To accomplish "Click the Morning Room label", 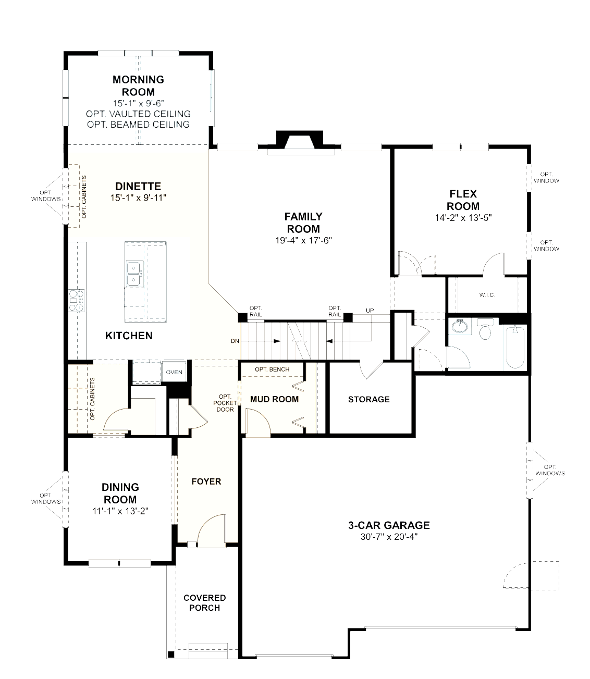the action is [x=138, y=85].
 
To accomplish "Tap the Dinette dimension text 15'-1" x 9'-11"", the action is [x=138, y=198].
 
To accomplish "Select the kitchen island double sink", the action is [x=134, y=274].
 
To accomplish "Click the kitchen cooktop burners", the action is [x=76, y=301].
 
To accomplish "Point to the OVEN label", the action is [x=174, y=372].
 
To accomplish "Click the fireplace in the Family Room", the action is [x=299, y=143].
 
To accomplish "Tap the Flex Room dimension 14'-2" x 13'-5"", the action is [x=463, y=218].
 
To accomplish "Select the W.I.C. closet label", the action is [x=487, y=295].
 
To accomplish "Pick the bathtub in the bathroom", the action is [x=515, y=347].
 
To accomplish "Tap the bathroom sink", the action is [x=460, y=326].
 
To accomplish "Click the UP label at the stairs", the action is [x=370, y=310].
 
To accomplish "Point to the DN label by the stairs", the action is [x=235, y=341].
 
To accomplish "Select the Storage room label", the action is [x=368, y=399].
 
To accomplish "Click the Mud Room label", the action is [x=274, y=399].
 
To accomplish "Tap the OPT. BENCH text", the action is [x=272, y=369].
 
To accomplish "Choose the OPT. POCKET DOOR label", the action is [x=225, y=403].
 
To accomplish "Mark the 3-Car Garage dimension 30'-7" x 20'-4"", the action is [x=389, y=537].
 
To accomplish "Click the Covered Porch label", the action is [x=204, y=603].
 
